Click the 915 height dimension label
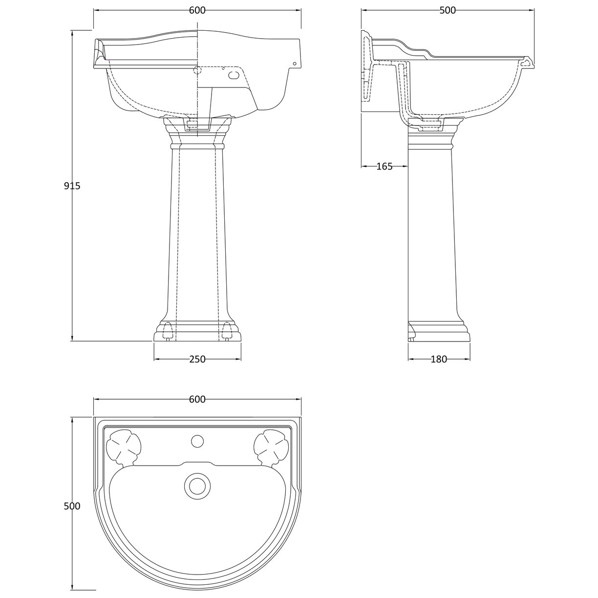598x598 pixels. pyautogui.click(x=72, y=186)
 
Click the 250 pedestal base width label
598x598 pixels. pyautogui.click(x=197, y=360)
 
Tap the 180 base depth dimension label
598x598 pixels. pyautogui.click(x=439, y=360)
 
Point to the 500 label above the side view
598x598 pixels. pyautogui.click(x=447, y=10)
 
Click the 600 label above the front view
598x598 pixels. pyautogui.click(x=197, y=10)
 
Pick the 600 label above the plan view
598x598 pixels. pyautogui.click(x=197, y=400)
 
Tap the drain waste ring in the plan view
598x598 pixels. pyautogui.click(x=197, y=486)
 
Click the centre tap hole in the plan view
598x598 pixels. pyautogui.click(x=197, y=441)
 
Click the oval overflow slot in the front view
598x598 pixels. pyautogui.click(x=235, y=75)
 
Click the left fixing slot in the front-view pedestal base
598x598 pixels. pyautogui.click(x=168, y=331)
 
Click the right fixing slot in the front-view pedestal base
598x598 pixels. pyautogui.click(x=226, y=331)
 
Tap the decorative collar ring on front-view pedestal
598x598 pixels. pyautogui.click(x=197, y=145)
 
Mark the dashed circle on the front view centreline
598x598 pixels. pyautogui.click(x=197, y=70)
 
